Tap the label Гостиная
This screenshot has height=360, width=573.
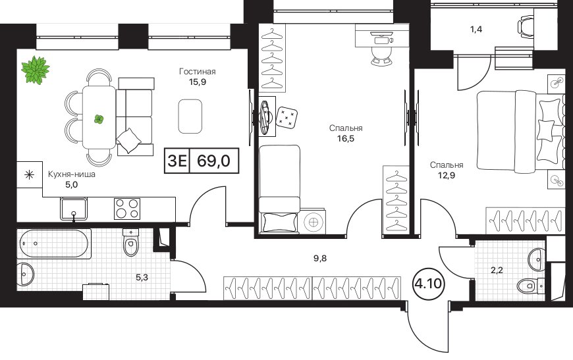(198, 72)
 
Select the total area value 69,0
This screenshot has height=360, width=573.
(214, 161)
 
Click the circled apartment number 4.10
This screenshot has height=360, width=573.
(429, 283)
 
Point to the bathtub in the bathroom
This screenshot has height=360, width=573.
(54, 244)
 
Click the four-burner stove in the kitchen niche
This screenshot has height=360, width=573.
(127, 209)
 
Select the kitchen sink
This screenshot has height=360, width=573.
(74, 209)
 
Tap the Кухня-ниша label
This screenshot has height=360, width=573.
(72, 174)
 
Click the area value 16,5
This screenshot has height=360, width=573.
(346, 139)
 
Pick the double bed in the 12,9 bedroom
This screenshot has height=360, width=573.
(519, 131)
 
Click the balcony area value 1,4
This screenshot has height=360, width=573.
(476, 30)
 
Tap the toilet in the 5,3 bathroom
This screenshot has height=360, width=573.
(131, 242)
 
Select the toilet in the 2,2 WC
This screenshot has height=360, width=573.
(531, 285)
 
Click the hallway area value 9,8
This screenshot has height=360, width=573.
(319, 259)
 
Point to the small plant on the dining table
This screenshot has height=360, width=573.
(99, 119)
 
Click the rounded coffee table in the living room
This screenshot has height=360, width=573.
(190, 116)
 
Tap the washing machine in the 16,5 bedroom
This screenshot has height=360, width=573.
(313, 221)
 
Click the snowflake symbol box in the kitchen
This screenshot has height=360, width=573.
(29, 175)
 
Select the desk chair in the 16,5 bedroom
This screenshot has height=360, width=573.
(381, 55)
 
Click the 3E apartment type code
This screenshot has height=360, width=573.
(177, 161)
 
